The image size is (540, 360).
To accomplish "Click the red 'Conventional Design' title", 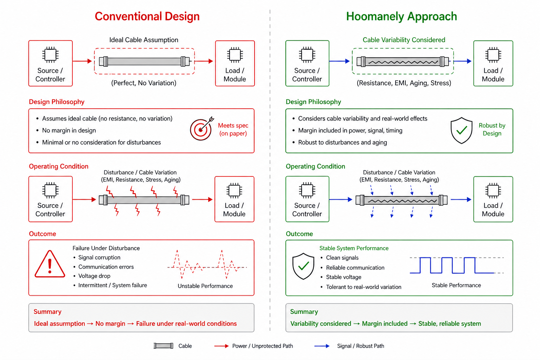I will pyautogui.click(x=147, y=17).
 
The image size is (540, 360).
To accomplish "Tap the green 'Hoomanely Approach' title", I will pyautogui.click(x=401, y=17).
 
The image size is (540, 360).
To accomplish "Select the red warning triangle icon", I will pyautogui.click(x=50, y=265).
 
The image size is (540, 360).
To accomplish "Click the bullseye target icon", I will pyautogui.click(x=201, y=129).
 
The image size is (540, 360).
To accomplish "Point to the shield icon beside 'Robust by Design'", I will pyautogui.click(x=461, y=130).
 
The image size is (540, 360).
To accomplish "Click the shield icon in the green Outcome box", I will pyautogui.click(x=303, y=266).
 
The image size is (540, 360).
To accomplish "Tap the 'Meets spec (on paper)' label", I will pyautogui.click(x=233, y=129).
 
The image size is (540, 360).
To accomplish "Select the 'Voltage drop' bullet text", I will pyautogui.click(x=94, y=276).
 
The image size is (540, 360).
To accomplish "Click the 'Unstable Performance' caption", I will pyautogui.click(x=205, y=286).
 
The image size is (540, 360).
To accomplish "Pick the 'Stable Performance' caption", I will pyautogui.click(x=456, y=285).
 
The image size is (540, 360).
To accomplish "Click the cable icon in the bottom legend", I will pyautogui.click(x=163, y=346).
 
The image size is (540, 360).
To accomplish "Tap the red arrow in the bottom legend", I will pyautogui.click(x=221, y=346).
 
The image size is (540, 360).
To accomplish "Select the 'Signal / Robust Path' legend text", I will pyautogui.click(x=360, y=346).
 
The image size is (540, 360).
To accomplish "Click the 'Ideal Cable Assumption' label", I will pyautogui.click(x=144, y=40).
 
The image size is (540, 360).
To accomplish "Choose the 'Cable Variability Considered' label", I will pyautogui.click(x=404, y=40).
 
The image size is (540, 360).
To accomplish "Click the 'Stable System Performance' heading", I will pyautogui.click(x=354, y=248).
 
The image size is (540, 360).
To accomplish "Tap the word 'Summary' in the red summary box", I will pyautogui.click(x=47, y=312).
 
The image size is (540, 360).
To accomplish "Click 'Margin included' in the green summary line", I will pyautogui.click(x=385, y=324).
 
